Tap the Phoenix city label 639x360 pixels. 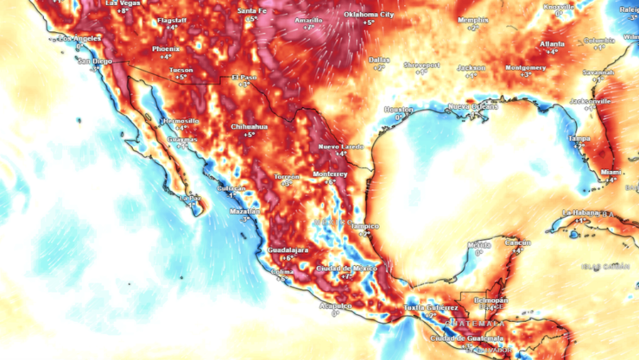coord(167,48)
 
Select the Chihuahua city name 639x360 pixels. coord(248,126)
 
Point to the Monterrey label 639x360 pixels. coord(330,174)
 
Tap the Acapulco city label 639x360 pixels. coord(335,305)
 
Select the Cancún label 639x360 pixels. coord(517,243)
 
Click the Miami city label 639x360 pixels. coord(611,172)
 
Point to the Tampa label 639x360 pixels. coord(578,138)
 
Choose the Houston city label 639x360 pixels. coord(399,110)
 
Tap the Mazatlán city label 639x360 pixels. coord(244,211)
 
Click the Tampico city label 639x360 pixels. coord(364,225)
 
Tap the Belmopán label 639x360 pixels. coord(490,300)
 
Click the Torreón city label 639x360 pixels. coord(287,176)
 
